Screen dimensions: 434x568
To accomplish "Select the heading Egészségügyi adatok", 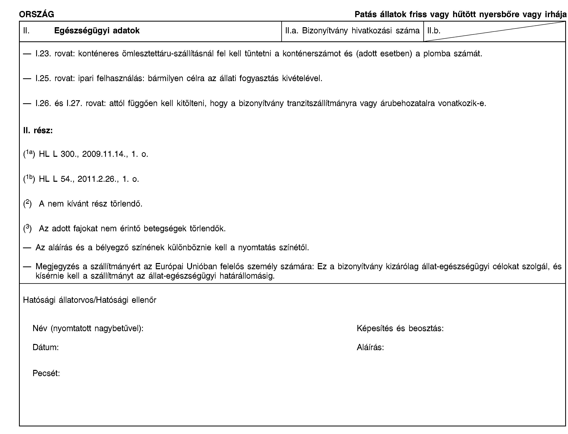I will click(97, 31).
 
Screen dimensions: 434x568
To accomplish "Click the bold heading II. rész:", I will click(38, 130).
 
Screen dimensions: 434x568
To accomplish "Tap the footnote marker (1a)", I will click(29, 154).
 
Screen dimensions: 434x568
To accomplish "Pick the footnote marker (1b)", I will click(29, 179).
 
